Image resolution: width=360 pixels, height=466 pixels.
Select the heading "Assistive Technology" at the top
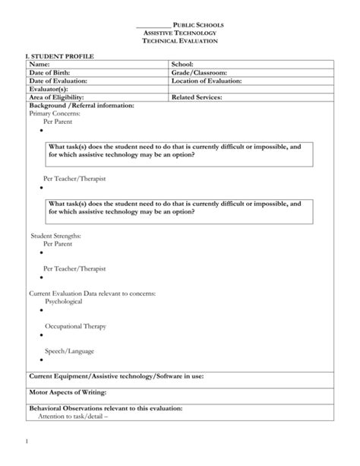180,33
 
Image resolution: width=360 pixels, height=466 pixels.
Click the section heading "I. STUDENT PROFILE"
56,57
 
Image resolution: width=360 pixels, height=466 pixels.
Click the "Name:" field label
38,65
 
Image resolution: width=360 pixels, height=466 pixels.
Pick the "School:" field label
183,65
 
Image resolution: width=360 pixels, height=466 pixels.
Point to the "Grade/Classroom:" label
199,73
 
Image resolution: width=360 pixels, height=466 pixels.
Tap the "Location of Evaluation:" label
207,81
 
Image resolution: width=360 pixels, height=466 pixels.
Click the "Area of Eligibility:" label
55,97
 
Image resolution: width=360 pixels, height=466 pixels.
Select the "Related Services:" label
197,97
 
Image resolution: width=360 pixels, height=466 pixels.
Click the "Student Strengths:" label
55,236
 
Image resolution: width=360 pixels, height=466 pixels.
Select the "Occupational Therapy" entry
74,326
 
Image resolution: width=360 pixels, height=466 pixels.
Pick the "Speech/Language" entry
69,351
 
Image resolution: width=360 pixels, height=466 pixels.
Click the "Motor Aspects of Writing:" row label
68,392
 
